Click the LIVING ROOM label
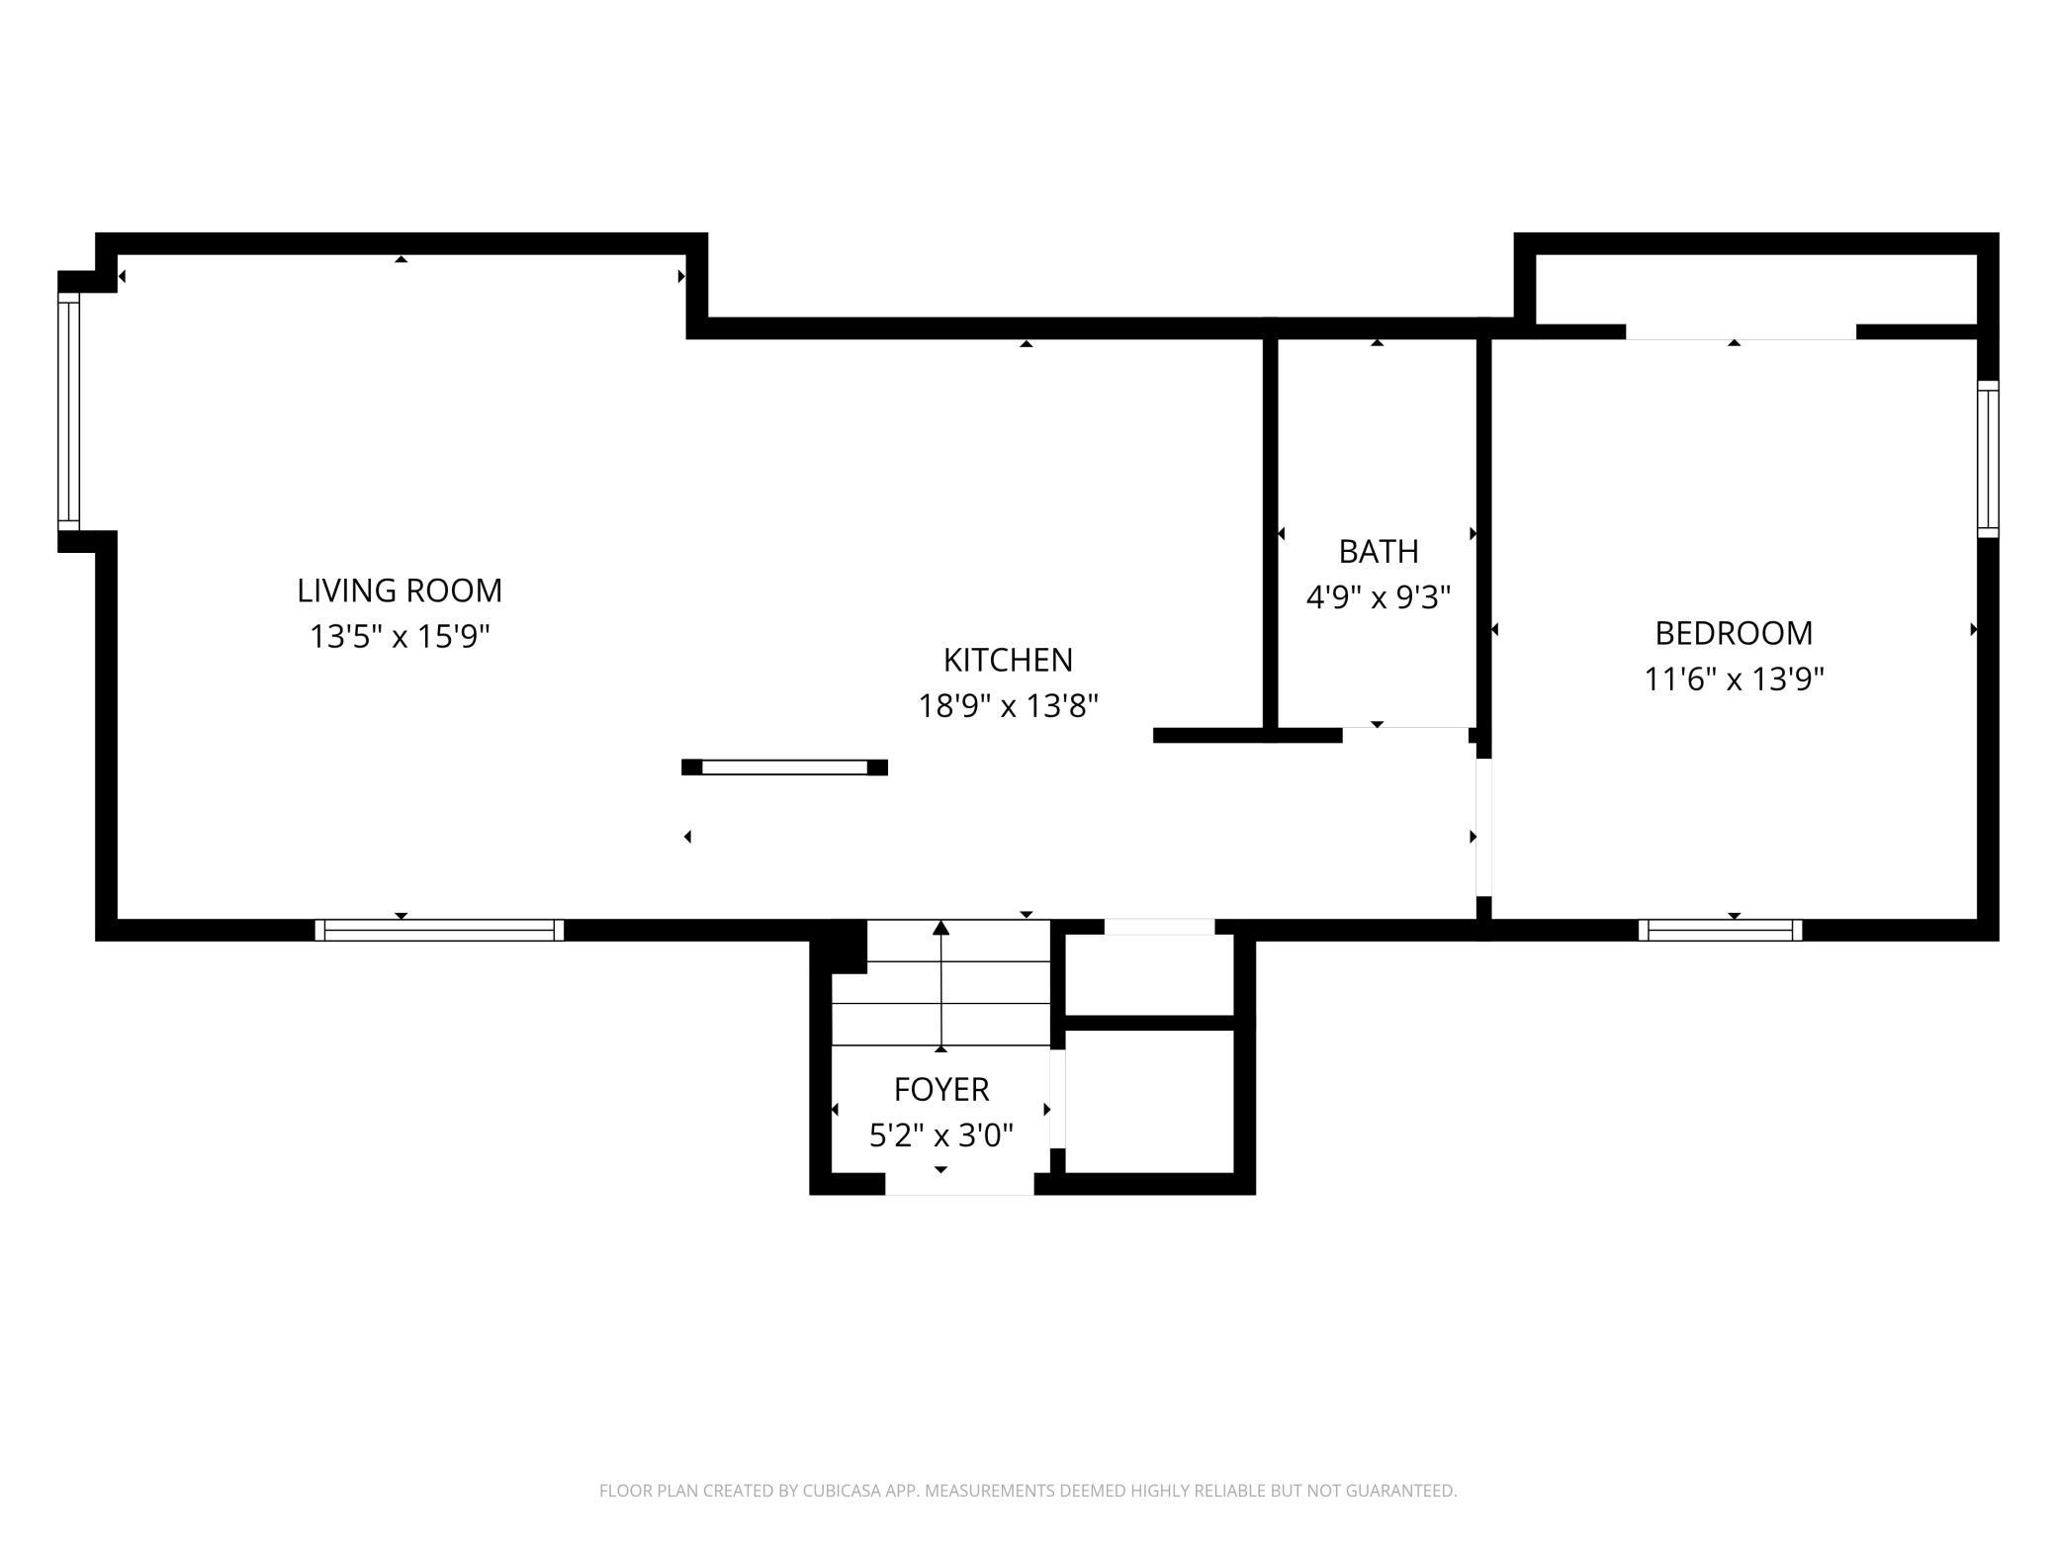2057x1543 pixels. (x=400, y=590)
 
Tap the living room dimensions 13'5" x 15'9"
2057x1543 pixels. (x=400, y=636)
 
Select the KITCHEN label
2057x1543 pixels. (x=1008, y=660)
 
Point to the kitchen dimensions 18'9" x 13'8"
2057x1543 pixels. (x=1008, y=706)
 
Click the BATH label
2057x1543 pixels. (x=1379, y=551)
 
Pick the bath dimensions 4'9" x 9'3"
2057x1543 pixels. (x=1379, y=597)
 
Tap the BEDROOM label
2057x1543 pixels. (x=1734, y=633)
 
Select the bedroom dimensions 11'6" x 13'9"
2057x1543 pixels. (x=1734, y=680)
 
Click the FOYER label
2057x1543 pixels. (x=941, y=1089)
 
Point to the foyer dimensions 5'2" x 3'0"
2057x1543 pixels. (x=941, y=1135)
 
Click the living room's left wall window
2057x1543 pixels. (x=68, y=411)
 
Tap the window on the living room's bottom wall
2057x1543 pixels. (x=439, y=930)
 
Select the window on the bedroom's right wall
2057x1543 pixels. (x=1988, y=459)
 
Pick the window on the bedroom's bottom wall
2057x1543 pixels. (x=1720, y=930)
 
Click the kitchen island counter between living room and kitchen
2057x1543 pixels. (x=784, y=768)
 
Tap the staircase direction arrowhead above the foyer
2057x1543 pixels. (x=941, y=928)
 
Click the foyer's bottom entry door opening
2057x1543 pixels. (x=959, y=1184)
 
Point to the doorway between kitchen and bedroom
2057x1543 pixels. (x=1483, y=827)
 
